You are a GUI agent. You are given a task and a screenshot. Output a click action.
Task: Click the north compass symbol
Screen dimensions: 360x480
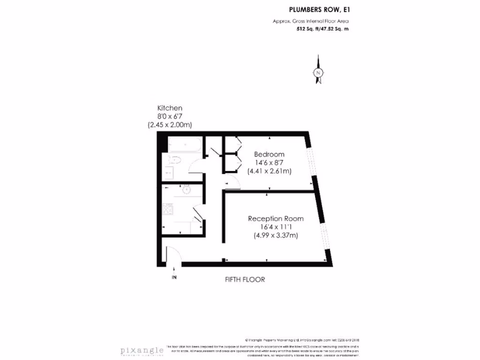click(x=319, y=73)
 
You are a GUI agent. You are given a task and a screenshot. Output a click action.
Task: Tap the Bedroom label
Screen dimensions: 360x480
click(x=269, y=154)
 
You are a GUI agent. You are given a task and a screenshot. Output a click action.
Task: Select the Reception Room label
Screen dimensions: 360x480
click(x=276, y=218)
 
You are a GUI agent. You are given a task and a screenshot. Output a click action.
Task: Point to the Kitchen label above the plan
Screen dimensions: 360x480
click(x=170, y=108)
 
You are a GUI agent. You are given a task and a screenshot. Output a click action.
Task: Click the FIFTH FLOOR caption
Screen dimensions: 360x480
click(x=245, y=279)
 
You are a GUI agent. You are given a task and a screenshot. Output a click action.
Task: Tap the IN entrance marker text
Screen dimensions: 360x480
click(x=174, y=277)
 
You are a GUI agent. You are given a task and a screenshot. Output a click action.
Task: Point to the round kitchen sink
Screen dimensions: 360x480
click(x=185, y=190)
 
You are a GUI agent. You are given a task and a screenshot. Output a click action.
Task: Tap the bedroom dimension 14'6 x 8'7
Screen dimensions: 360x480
click(x=269, y=163)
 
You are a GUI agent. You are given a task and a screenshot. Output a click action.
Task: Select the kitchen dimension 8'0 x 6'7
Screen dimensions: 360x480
click(x=170, y=116)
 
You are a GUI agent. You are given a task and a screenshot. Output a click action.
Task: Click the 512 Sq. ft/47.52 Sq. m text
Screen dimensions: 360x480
click(x=323, y=29)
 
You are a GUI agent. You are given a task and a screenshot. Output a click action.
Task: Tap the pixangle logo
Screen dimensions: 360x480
click(x=142, y=351)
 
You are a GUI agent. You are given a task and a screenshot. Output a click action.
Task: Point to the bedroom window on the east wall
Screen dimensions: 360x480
click(x=310, y=159)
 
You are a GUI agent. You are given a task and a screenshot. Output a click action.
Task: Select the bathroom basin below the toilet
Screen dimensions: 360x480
click(x=168, y=173)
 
